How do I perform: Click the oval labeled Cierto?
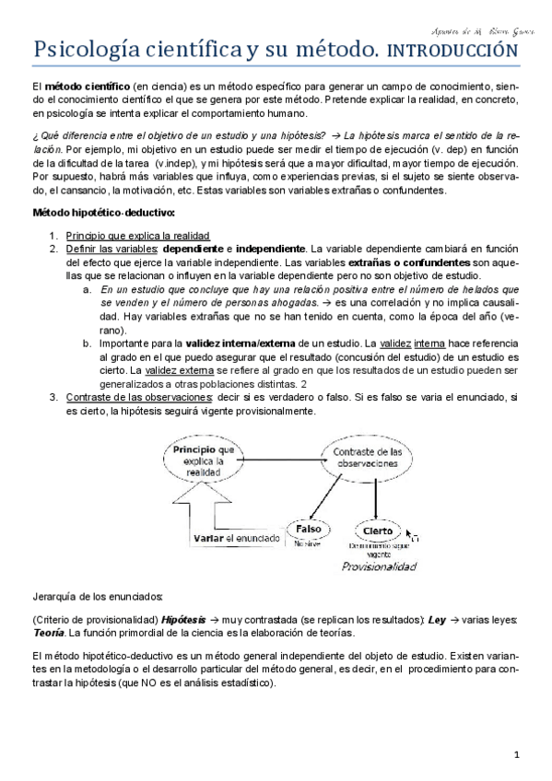coord(378,531)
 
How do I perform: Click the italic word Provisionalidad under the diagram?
coord(378,567)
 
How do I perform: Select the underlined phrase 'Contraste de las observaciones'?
coord(139,397)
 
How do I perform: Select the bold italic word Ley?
coord(438,620)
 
